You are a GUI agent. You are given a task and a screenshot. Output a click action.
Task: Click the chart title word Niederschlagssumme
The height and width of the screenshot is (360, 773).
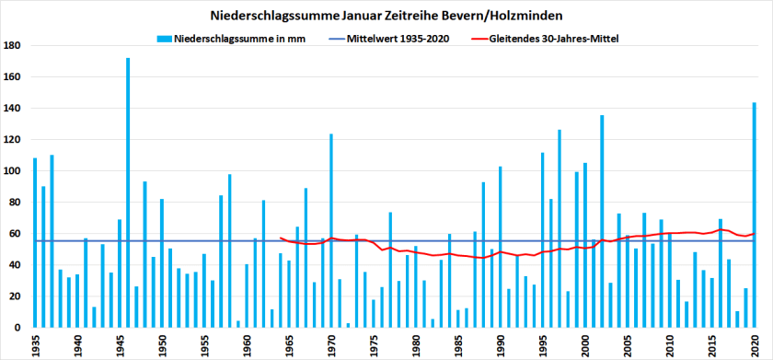click(263, 16)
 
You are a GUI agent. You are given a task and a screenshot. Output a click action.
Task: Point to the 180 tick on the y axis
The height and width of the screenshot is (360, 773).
click(13, 46)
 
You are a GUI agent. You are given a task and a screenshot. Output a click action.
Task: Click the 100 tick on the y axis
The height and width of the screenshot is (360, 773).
click(13, 171)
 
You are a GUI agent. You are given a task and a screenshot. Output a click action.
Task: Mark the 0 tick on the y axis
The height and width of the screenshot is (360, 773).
click(18, 328)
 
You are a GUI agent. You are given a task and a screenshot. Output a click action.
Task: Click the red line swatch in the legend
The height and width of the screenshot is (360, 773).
click(480, 39)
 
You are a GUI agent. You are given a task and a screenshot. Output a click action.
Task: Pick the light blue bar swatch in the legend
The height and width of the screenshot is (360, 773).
click(165, 39)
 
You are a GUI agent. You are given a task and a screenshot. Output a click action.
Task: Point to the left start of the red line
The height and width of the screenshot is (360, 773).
click(281, 238)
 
